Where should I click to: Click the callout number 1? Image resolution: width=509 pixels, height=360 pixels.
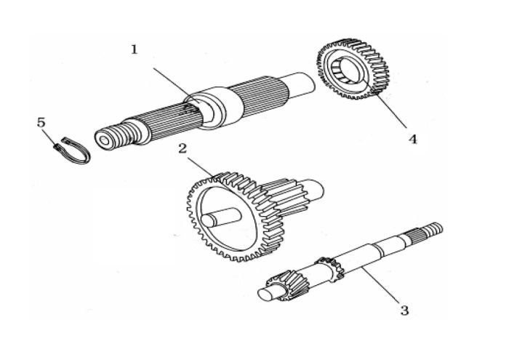pos(135,50)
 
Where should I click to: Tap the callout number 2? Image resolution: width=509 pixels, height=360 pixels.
pos(183,148)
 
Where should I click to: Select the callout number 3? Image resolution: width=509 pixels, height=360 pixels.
pos(404,310)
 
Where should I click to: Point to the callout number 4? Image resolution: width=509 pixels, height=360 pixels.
pos(412,139)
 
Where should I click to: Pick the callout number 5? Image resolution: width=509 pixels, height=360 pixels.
pos(41,123)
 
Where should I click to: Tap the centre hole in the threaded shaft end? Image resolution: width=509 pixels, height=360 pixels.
pos(104,140)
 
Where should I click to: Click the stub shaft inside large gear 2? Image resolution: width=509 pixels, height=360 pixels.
pos(220,217)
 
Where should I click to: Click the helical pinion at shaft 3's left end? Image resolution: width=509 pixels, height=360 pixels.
pos(288,284)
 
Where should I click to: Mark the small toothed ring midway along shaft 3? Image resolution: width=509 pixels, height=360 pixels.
pos(331,268)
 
